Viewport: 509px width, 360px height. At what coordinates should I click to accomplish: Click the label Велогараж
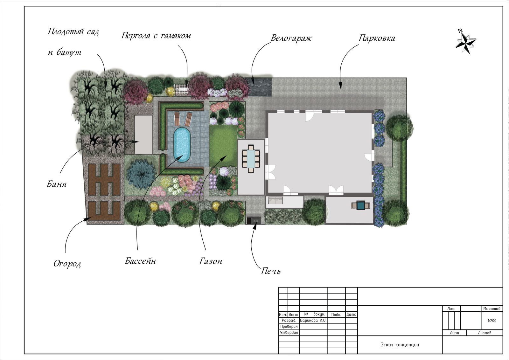(291, 38)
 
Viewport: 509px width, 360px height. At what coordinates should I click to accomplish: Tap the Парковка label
(377, 38)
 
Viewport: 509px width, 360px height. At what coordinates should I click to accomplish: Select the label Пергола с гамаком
(156, 36)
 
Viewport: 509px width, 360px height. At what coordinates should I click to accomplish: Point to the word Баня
(57, 184)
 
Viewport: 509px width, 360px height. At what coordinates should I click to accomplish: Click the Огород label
(67, 264)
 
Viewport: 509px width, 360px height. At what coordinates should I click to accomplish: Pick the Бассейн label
(140, 261)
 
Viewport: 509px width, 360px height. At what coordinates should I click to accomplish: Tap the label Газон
(211, 261)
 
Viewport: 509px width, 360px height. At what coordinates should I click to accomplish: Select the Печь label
(271, 271)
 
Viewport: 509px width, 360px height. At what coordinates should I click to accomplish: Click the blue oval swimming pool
(182, 145)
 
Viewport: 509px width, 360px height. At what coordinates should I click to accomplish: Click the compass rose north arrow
(466, 44)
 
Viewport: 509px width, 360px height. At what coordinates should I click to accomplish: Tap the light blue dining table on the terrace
(251, 159)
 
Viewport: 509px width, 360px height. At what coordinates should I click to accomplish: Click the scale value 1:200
(492, 321)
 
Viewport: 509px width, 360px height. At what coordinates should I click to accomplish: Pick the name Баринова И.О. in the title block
(313, 321)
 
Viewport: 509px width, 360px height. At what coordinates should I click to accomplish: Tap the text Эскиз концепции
(400, 344)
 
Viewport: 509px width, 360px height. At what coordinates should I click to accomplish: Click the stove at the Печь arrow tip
(254, 220)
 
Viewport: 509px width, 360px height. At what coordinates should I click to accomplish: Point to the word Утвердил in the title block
(289, 333)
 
